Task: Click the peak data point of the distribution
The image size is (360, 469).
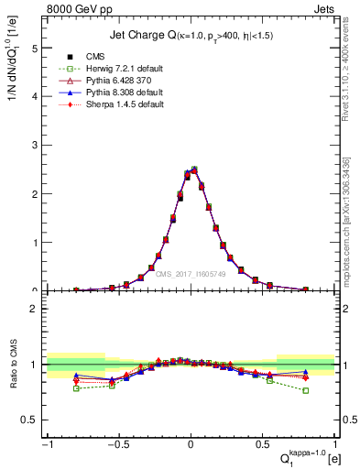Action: point(194,169)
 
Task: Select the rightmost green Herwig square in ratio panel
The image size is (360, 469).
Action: point(305,390)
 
